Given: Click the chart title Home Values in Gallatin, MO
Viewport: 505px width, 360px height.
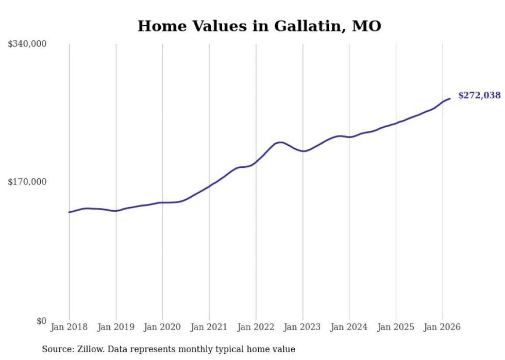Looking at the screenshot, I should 259,26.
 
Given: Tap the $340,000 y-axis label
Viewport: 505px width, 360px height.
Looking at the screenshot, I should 27,44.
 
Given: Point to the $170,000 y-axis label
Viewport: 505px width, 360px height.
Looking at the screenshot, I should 27,182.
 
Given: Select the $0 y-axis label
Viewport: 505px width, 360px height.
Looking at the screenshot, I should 41,321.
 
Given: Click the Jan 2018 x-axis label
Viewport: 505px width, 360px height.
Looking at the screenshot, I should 69,327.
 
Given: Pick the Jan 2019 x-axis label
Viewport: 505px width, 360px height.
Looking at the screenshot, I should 116,327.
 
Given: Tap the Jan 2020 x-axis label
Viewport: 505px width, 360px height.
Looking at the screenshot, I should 162,327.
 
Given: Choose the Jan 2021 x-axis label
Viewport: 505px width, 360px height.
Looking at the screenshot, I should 209,327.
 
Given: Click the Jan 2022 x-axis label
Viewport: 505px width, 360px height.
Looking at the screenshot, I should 256,327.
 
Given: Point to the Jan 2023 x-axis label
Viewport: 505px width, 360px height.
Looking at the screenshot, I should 302,327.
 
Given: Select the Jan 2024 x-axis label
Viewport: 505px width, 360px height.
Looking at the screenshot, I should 349,327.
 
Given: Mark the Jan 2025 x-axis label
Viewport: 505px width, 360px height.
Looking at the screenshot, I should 396,327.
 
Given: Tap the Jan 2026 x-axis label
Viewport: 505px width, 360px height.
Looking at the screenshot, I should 442,327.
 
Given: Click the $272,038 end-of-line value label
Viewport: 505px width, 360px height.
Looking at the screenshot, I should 479,95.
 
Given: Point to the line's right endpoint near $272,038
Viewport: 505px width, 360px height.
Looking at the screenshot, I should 450,98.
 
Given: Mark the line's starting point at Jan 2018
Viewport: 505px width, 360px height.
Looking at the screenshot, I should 69,212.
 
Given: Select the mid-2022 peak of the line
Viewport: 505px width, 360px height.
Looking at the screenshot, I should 280,142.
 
